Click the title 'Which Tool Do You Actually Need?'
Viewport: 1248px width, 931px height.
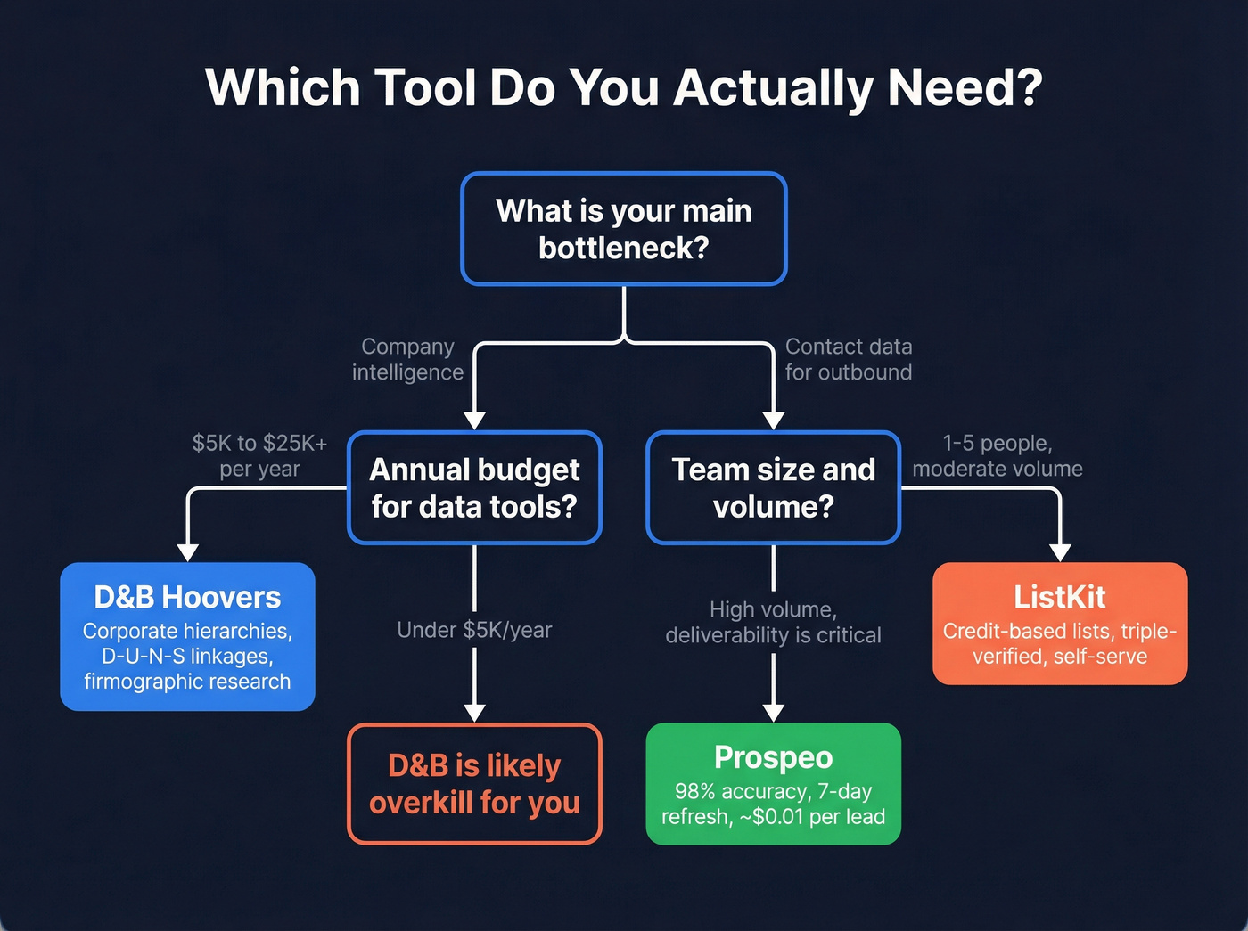(623, 87)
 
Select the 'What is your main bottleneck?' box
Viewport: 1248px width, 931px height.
(623, 229)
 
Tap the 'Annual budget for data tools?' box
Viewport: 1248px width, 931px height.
(474, 487)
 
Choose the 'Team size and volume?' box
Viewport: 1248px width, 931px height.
(773, 487)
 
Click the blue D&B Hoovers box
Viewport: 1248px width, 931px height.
(187, 636)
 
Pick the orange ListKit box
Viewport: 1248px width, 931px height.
(1060, 624)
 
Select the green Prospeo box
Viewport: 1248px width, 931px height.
(773, 784)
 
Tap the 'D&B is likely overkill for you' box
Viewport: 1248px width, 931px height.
(474, 784)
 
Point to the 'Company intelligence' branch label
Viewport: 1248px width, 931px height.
(407, 359)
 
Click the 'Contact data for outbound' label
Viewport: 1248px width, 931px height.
(848, 359)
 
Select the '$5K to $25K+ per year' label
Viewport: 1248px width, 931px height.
(259, 455)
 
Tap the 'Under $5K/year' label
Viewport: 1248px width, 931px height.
(474, 630)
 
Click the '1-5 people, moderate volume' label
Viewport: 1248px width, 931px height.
(998, 455)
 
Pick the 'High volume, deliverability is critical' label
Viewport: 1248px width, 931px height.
(773, 622)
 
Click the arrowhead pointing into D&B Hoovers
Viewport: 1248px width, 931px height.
(187, 552)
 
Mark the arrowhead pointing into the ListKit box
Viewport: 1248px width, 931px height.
(1060, 552)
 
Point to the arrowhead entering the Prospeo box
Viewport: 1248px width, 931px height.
(773, 713)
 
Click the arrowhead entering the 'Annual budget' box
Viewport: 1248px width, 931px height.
(474, 421)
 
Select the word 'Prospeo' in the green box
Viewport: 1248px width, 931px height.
(773, 757)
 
